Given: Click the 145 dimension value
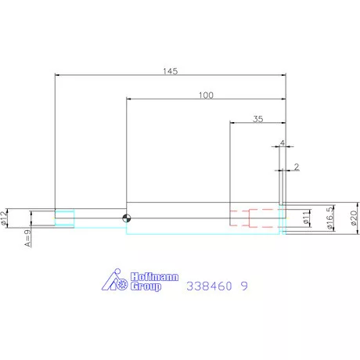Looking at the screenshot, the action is pyautogui.click(x=171, y=71).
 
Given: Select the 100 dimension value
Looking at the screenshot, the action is pyautogui.click(x=206, y=95).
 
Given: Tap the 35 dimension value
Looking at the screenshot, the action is pyautogui.click(x=258, y=119).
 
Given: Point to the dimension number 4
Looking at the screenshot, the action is pyautogui.click(x=283, y=143).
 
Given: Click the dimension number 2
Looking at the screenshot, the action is pyautogui.click(x=297, y=167).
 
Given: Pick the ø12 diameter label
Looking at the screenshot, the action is pyautogui.click(x=3, y=218).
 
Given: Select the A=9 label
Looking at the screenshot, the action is pyautogui.click(x=27, y=238).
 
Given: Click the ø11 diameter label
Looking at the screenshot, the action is pyautogui.click(x=306, y=218).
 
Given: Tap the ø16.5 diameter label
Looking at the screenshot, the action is pyautogui.click(x=330, y=218).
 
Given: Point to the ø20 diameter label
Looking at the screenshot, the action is pyautogui.click(x=354, y=218).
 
